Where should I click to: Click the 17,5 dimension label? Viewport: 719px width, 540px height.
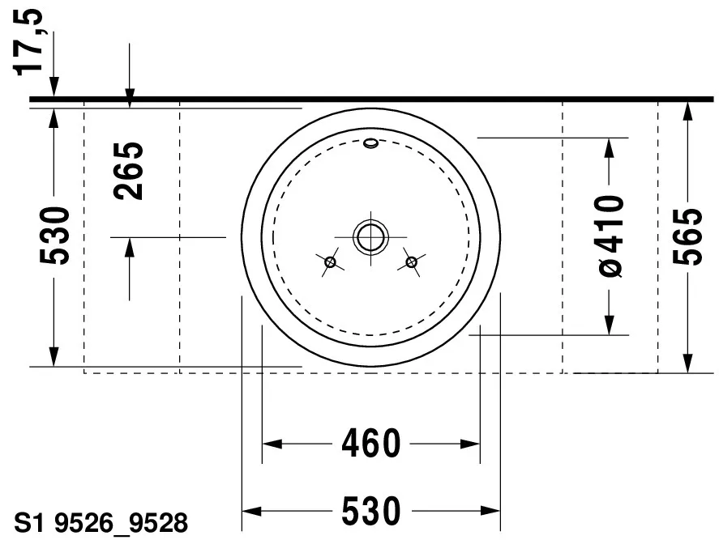point(28,41)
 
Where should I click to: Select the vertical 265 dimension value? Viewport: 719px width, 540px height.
point(128,171)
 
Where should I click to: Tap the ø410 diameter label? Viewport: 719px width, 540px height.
point(611,236)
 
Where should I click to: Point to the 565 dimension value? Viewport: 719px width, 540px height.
point(688,236)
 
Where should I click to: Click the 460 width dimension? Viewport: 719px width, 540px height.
point(371,444)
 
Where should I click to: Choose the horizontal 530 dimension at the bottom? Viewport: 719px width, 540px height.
point(371,511)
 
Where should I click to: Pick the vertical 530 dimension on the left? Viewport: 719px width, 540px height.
point(54,236)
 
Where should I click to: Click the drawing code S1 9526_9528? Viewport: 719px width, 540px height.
point(101,523)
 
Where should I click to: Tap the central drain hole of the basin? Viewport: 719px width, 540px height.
point(370,236)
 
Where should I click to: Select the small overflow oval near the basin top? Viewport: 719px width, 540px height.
point(370,144)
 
